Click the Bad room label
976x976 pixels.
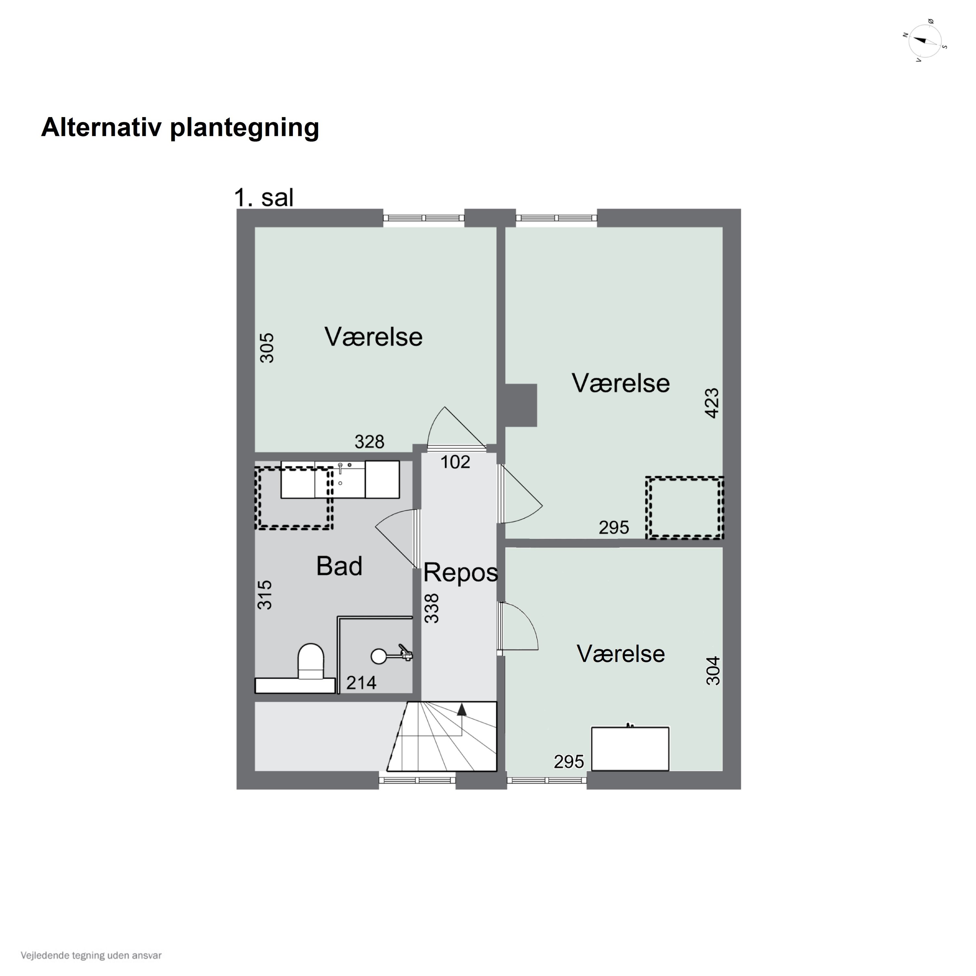tap(339, 566)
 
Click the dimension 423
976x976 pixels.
tap(712, 403)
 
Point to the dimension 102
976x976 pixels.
tap(455, 462)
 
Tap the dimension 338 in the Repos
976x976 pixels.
tap(432, 608)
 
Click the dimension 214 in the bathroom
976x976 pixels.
tap(361, 683)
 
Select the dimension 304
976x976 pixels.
tap(713, 671)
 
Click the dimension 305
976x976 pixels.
tap(267, 347)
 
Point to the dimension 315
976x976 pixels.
tap(265, 595)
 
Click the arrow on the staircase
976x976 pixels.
tap(461, 710)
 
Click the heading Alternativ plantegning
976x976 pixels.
tap(180, 127)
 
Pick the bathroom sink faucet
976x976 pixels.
tap(341, 467)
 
